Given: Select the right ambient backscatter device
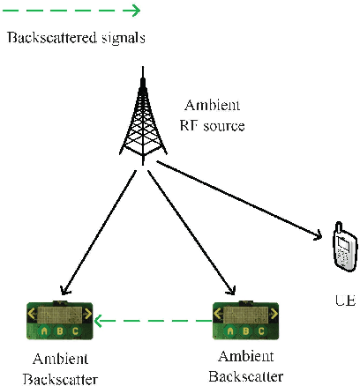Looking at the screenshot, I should click(x=246, y=320).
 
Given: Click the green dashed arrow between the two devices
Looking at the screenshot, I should click(x=154, y=320).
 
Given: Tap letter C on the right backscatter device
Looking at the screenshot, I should click(x=262, y=331).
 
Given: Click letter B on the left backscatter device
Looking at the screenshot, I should click(x=59, y=331).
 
